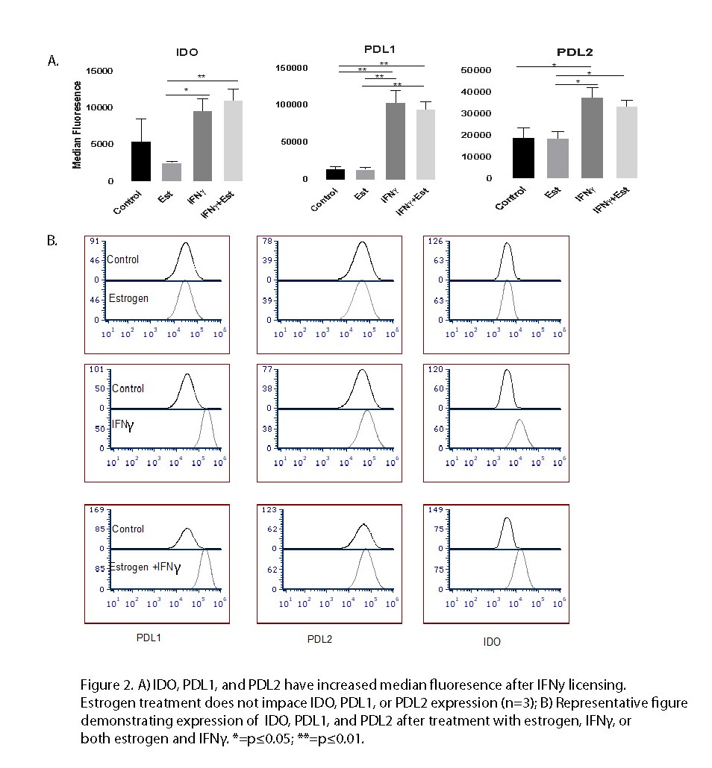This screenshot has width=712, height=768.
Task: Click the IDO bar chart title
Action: pyautogui.click(x=187, y=54)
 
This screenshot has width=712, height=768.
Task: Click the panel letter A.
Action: pyautogui.click(x=52, y=61)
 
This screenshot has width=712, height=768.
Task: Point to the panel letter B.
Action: pyautogui.click(x=52, y=242)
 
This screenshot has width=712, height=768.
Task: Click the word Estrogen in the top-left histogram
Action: pyautogui.click(x=128, y=298)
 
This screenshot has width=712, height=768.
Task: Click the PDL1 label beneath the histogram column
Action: pyautogui.click(x=149, y=639)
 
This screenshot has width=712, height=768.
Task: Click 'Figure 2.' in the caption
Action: pyautogui.click(x=103, y=683)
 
